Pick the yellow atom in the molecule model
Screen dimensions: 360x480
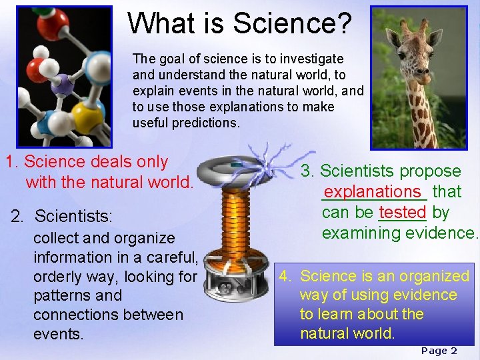point(87,113)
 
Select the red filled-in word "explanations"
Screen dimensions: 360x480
point(373,192)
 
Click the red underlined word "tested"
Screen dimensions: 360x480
point(402,212)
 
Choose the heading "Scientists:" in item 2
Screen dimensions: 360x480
point(74,217)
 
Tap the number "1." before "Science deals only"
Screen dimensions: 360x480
point(13,161)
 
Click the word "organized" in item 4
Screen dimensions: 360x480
point(436,276)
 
